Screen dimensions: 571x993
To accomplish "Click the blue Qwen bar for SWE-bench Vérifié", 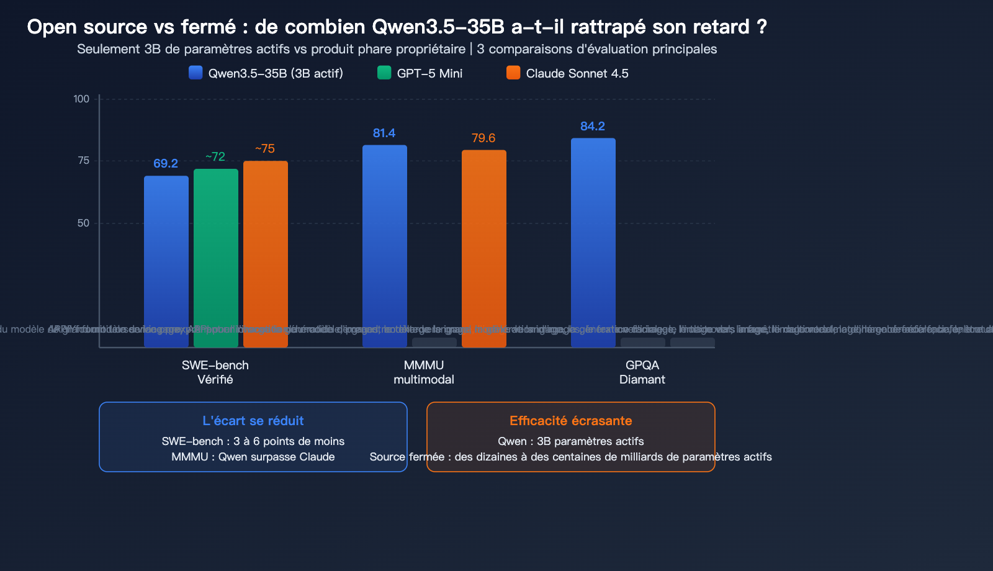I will click(166, 261).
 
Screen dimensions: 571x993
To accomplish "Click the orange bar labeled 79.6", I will click(484, 248).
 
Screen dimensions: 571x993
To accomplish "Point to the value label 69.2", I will click(166, 163).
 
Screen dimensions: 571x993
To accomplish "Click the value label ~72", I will click(215, 156).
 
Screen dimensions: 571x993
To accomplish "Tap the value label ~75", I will click(265, 148).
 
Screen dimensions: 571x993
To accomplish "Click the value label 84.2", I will click(593, 126).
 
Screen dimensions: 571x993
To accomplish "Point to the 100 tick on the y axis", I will click(81, 99).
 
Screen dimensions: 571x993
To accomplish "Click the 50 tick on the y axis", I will click(83, 223).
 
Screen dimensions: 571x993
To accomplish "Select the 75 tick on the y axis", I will click(83, 160).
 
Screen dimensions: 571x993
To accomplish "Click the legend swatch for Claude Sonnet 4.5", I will click(513, 73).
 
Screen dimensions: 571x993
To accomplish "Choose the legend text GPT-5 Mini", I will click(429, 73).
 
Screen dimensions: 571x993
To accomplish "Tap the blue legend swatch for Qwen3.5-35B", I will click(195, 73).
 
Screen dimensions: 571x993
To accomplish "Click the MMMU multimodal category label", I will click(424, 372).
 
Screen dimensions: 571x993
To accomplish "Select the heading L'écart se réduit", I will click(253, 421).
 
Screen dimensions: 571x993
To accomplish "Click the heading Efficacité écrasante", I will click(571, 421).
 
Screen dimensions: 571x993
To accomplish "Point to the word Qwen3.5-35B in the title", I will click(438, 27).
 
